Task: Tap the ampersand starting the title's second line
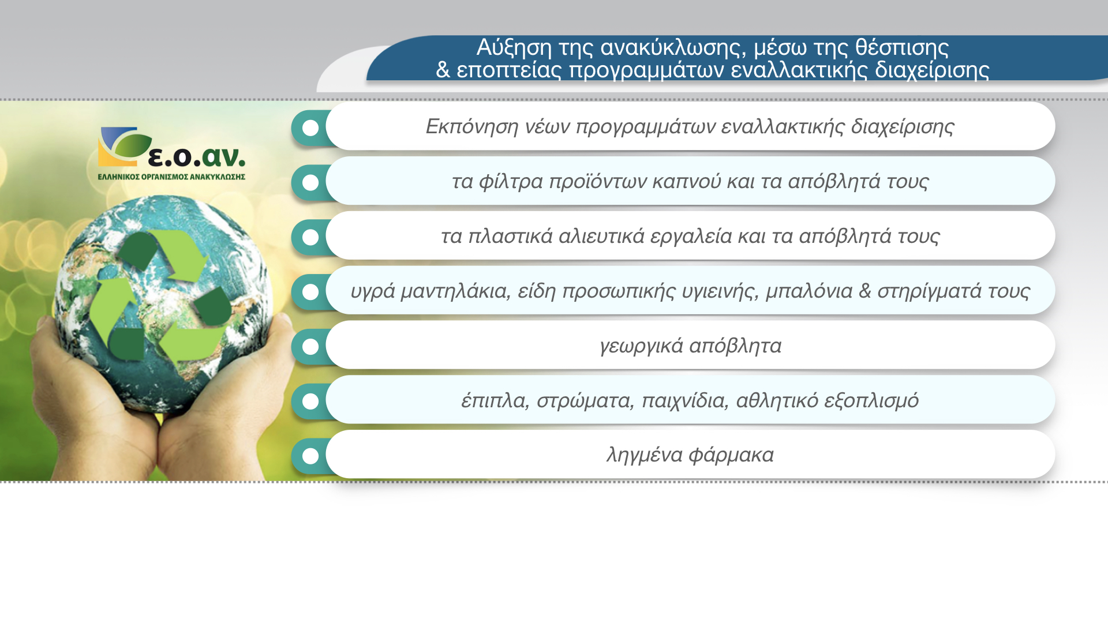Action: pyautogui.click(x=443, y=70)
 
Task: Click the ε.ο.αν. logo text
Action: pyautogui.click(x=196, y=156)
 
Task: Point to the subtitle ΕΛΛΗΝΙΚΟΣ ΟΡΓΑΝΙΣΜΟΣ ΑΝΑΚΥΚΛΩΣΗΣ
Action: pyautogui.click(x=171, y=177)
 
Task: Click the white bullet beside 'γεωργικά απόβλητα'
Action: pyautogui.click(x=310, y=347)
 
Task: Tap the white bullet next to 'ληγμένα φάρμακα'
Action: pyautogui.click(x=310, y=456)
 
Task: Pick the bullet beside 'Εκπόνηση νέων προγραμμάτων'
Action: pyautogui.click(x=310, y=127)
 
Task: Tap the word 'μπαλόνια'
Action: pyautogui.click(x=809, y=291)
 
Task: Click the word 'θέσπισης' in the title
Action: pyautogui.click(x=902, y=47)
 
